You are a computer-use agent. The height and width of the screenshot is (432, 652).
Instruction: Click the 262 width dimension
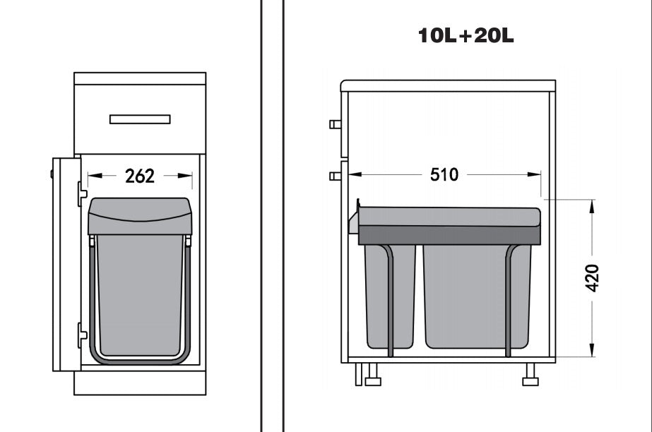click(140, 176)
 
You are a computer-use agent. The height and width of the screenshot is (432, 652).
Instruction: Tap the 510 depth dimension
click(444, 174)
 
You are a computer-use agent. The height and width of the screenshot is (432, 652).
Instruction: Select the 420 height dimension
click(592, 278)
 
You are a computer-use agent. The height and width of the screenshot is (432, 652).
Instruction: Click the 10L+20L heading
click(466, 35)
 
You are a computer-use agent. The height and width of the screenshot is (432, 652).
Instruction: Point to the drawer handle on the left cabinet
click(140, 119)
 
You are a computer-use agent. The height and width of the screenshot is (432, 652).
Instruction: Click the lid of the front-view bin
click(140, 216)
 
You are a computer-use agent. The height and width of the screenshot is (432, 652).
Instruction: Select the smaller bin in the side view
click(390, 296)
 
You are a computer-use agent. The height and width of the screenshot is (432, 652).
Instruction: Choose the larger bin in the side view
click(477, 296)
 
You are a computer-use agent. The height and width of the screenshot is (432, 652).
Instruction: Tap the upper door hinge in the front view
click(82, 193)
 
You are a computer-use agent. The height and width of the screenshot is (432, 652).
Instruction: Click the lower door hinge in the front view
click(82, 335)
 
